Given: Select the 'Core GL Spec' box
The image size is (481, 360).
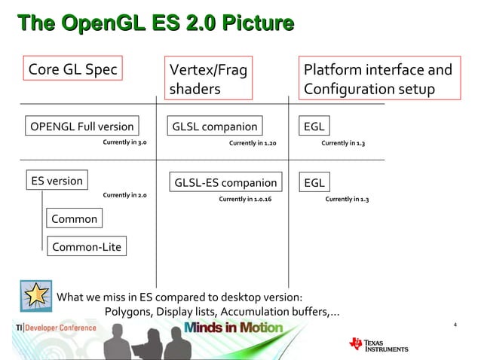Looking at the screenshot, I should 72,70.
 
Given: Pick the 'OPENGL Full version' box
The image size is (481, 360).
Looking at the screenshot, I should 81,126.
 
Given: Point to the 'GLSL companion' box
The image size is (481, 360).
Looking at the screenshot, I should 215,126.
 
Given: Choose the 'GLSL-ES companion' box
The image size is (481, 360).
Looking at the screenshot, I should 225,182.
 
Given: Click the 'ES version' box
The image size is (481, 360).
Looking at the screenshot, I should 57,181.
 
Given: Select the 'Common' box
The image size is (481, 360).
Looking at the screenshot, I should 73,218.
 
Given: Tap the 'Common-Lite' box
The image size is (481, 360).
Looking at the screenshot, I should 86,246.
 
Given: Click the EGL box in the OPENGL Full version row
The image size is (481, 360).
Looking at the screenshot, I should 313,126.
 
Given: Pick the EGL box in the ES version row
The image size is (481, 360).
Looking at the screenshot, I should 314,182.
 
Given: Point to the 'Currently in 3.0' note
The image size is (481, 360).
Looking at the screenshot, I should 124,142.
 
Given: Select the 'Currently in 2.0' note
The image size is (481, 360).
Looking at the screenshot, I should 124,195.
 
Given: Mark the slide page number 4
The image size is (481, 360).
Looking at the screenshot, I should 455,325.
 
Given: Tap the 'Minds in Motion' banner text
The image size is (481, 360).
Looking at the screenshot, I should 233,328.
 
